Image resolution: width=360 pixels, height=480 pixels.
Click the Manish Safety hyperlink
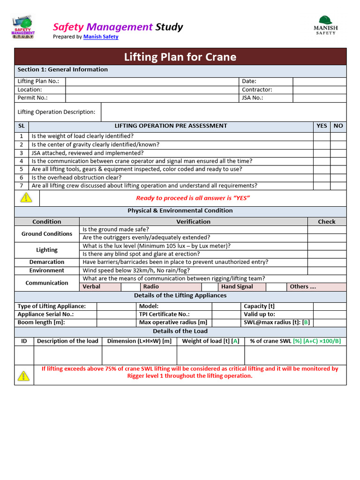101,37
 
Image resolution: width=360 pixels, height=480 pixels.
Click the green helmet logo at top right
325,21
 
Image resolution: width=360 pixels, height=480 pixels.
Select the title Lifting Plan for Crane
180,57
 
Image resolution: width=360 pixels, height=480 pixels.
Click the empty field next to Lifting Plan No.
152,81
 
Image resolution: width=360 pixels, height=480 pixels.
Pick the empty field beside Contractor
319,90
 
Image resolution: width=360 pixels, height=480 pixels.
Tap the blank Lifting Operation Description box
224,112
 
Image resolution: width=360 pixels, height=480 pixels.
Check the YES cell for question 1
322,136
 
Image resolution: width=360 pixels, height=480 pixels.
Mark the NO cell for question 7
338,186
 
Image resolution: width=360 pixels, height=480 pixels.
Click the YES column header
322,126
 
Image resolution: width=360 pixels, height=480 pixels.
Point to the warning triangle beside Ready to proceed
27,198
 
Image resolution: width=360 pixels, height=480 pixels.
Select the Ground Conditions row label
47,234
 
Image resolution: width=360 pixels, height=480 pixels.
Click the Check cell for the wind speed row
327,270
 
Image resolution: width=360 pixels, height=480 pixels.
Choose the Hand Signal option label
237,287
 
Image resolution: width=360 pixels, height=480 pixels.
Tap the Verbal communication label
91,287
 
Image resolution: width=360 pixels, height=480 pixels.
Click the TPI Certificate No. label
164,315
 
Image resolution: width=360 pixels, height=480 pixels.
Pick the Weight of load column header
210,341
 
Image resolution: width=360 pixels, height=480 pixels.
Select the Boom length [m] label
41,322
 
